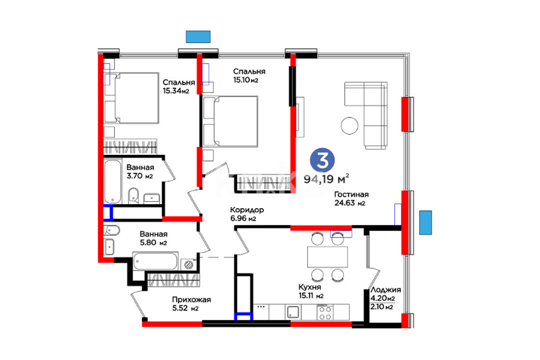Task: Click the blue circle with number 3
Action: pyautogui.click(x=323, y=160)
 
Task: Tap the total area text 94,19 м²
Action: pyautogui.click(x=327, y=179)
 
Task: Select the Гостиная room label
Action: pyautogui.click(x=351, y=194)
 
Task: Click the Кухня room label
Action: pyautogui.click(x=309, y=287)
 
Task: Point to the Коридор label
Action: pyautogui.click(x=247, y=210)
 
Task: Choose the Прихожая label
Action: pyautogui.click(x=192, y=300)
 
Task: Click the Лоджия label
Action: pyautogui.click(x=386, y=290)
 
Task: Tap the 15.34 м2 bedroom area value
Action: pyautogui.click(x=176, y=91)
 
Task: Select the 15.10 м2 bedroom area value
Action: pyautogui.click(x=245, y=80)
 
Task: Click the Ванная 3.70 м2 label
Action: pyautogui.click(x=140, y=172)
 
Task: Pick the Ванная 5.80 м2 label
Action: pyautogui.click(x=153, y=238)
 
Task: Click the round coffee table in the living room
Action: pyautogui.click(x=350, y=125)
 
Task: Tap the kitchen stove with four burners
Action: pyautogui.click(x=324, y=312)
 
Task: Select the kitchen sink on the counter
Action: pyautogui.click(x=293, y=312)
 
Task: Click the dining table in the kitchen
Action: pyautogui.click(x=328, y=257)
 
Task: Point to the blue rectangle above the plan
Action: pyautogui.click(x=198, y=37)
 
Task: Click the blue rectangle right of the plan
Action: pyautogui.click(x=425, y=223)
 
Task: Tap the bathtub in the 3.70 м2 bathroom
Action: pyautogui.click(x=113, y=182)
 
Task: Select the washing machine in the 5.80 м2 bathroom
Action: pyautogui.click(x=188, y=265)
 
